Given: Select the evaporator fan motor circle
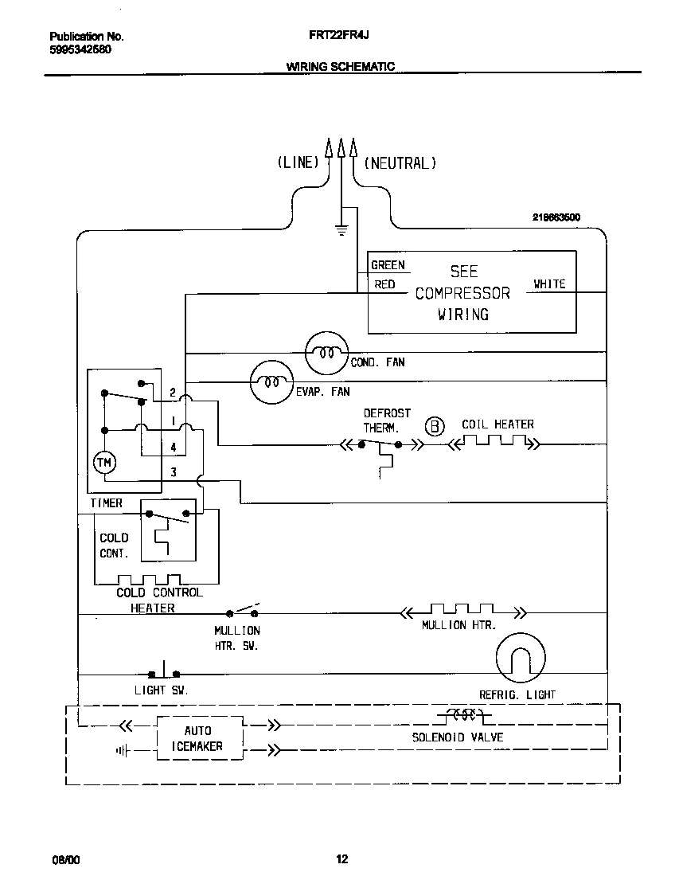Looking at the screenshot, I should tap(271, 382).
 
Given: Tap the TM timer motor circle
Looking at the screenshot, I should tap(104, 462).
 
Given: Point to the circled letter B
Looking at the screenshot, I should tap(435, 427).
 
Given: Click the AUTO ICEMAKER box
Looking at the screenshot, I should tap(197, 738).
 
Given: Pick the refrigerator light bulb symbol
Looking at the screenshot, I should tap(521, 659).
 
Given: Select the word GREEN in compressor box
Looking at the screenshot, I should tap(388, 265).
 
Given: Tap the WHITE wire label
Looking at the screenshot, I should tap(548, 284).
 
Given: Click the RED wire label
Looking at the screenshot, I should tap(384, 284).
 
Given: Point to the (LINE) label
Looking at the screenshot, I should tap(298, 162).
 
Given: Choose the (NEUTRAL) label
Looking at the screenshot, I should tap(400, 162).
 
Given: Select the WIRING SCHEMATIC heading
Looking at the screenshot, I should tap(340, 67).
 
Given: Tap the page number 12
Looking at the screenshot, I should tap(341, 858).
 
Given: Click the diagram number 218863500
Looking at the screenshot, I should tap(556, 217).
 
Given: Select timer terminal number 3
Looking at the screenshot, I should tap(174, 472).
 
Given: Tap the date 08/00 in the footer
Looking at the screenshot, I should tap(65, 859).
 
